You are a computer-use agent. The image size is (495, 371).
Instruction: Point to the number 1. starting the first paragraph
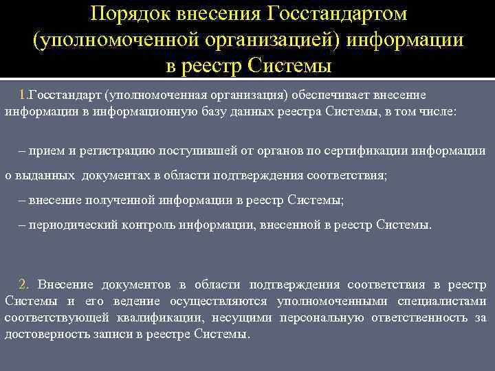click(x=23, y=94)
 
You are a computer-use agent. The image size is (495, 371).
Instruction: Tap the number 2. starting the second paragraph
click(x=24, y=284)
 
